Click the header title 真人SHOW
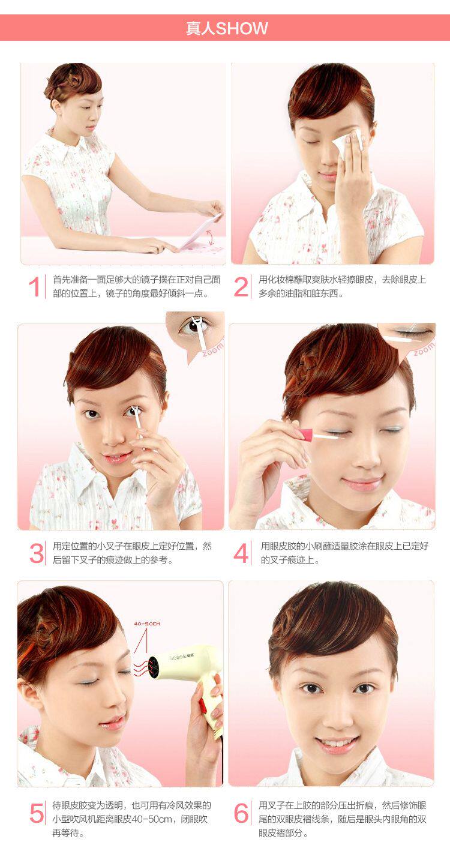coord(227,28)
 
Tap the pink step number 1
coord(34,287)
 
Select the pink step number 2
coord(241,287)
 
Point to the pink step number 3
coord(37,553)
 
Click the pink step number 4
coord(241,553)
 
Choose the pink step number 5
coord(37,813)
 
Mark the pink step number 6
coord(241,813)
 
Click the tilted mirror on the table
coord(201,232)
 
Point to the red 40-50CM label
coord(147,624)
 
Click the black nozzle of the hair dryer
coord(154,667)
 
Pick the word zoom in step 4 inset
coord(424,349)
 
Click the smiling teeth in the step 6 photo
coord(337,744)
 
